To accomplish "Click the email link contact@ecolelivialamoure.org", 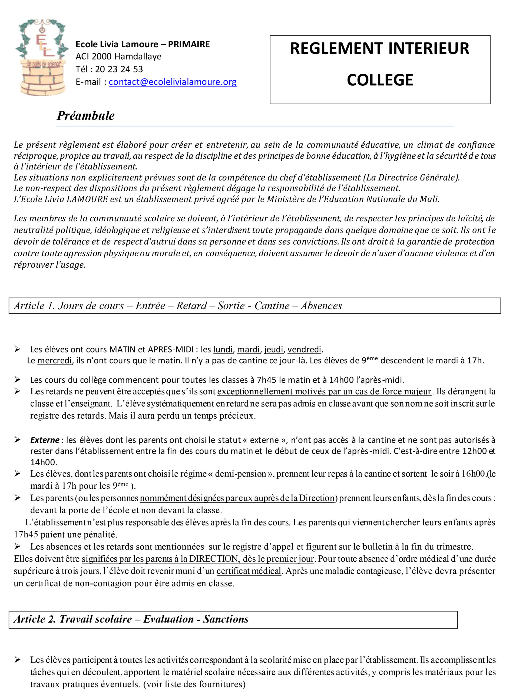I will (173, 82).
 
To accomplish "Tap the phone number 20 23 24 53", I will (119, 69).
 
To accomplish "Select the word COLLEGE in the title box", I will (380, 80).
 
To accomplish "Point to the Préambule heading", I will (85, 116).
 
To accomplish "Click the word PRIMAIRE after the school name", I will (189, 44).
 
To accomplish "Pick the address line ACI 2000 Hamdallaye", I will (118, 56).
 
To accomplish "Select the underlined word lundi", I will (223, 349).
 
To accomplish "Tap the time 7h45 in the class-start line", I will (267, 380).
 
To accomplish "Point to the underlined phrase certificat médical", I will (249, 571).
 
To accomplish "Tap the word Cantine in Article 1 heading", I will (272, 306).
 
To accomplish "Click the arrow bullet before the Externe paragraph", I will (18, 440).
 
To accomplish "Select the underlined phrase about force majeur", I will (324, 392).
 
